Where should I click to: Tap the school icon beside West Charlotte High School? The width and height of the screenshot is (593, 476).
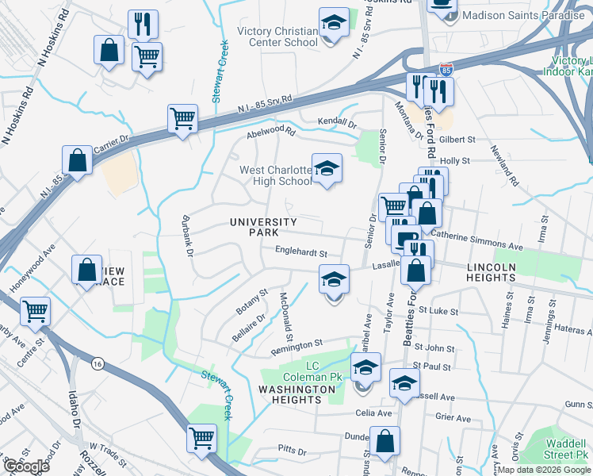[327, 168]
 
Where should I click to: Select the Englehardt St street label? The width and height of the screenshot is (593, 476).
[301, 252]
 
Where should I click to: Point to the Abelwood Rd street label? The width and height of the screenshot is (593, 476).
[270, 131]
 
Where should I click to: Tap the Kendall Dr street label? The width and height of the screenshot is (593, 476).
[338, 123]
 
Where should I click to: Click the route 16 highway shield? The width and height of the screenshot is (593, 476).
[97, 362]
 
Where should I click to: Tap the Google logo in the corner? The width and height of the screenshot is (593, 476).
[26, 466]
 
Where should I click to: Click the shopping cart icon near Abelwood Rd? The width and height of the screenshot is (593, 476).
[182, 120]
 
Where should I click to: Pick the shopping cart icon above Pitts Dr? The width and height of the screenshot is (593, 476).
[201, 437]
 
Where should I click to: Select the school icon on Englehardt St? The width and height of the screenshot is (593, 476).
[334, 279]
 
